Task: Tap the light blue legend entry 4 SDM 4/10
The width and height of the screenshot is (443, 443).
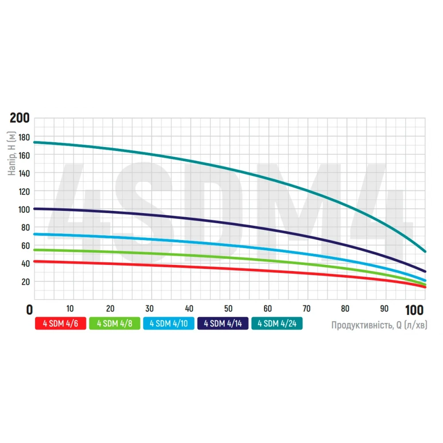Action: [169, 323]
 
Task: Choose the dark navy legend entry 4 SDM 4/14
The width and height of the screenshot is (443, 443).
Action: [222, 323]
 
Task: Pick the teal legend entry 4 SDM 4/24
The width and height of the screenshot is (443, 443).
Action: [276, 323]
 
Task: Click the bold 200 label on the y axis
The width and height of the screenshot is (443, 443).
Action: [20, 118]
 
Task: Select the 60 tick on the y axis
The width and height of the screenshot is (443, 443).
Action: [25, 245]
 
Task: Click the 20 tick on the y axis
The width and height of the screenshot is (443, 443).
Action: [25, 282]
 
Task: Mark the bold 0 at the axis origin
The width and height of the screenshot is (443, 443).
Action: [30, 309]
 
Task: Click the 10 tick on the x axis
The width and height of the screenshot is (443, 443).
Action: [70, 308]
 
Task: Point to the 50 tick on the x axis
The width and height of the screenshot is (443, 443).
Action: [229, 308]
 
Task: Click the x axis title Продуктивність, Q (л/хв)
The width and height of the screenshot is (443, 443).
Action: [379, 325]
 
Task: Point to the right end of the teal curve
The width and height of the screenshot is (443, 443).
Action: [425, 251]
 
